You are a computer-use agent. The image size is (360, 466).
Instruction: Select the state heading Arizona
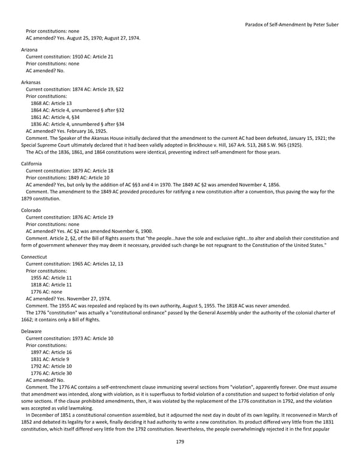(29, 49)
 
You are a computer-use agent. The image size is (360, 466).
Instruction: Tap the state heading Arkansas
(31, 82)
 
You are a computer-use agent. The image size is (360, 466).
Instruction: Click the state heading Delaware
(31, 331)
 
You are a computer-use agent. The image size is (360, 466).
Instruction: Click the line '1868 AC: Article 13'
(51, 103)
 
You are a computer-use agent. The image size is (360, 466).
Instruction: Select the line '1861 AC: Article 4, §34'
(55, 116)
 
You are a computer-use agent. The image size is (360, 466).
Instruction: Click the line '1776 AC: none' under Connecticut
(46, 291)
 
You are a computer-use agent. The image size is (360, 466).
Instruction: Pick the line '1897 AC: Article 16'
(51, 352)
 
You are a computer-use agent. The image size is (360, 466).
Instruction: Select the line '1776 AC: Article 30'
(51, 373)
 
